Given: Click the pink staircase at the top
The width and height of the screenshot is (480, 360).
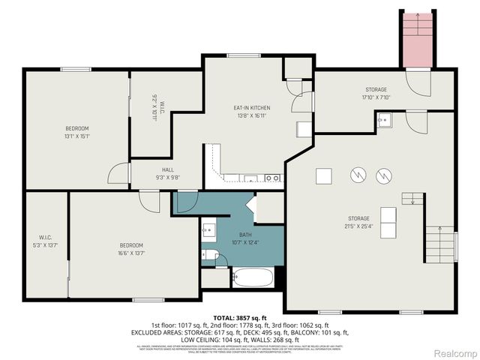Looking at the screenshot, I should tap(418, 39).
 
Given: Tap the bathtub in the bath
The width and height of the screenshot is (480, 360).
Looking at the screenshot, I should tap(252, 279).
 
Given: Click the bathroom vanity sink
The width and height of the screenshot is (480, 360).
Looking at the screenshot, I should tap(208, 229).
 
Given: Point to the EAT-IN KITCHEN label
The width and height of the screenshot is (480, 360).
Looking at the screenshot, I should tap(253, 108).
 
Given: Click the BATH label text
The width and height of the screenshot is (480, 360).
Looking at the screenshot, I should tap(245, 234).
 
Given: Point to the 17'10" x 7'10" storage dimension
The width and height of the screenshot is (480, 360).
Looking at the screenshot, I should tap(376, 97).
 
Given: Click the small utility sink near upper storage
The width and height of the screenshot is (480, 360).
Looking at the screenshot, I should tap(384, 120).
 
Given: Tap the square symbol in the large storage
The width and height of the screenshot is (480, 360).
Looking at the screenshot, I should tap(323, 175).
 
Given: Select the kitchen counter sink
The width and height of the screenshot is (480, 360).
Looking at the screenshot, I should tap(250, 178).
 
